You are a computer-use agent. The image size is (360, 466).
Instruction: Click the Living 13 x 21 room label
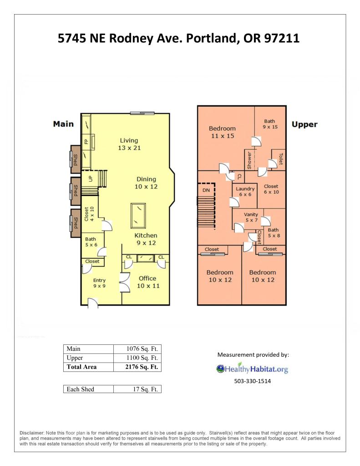129,144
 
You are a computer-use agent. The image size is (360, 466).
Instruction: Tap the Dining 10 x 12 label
146,183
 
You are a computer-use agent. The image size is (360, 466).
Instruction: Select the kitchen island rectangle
138,215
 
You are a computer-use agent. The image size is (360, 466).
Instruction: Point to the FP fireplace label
86,142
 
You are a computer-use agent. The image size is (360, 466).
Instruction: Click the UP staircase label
91,179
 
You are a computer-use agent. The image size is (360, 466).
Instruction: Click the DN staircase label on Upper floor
206,190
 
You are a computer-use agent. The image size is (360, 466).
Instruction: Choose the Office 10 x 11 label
148,282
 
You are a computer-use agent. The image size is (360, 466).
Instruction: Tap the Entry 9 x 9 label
99,283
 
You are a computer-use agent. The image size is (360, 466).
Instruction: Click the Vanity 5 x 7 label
251,217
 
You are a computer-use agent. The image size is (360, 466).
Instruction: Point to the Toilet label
281,159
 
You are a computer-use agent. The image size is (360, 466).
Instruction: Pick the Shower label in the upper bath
249,160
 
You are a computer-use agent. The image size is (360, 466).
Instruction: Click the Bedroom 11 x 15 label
222,132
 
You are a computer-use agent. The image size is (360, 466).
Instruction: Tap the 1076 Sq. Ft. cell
142,348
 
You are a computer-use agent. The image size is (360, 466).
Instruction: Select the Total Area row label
81,367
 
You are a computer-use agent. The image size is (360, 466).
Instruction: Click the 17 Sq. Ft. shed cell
145,389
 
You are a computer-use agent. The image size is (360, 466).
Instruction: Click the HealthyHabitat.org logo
252,369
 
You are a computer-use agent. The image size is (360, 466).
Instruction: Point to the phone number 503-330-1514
253,381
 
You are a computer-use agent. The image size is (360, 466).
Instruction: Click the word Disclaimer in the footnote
32,433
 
